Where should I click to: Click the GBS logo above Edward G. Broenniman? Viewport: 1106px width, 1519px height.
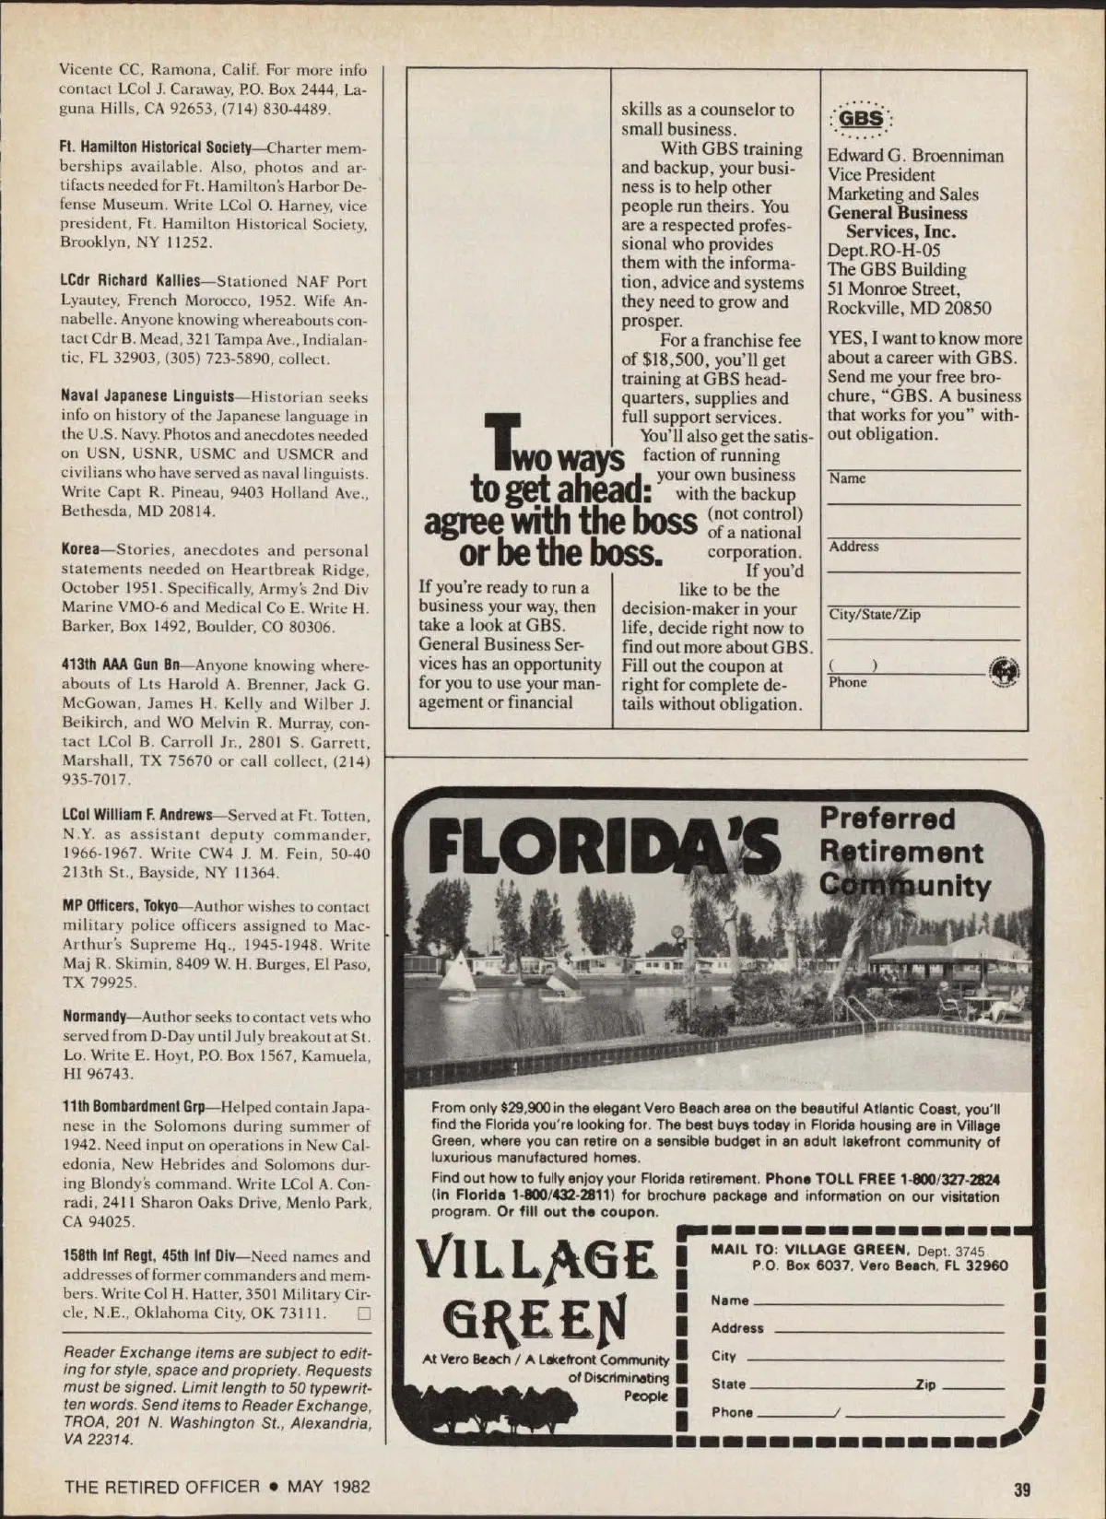pyautogui.click(x=861, y=119)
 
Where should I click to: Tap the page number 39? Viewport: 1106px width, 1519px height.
pyautogui.click(x=1021, y=1489)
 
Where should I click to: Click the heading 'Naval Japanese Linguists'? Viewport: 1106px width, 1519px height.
pyautogui.click(x=147, y=397)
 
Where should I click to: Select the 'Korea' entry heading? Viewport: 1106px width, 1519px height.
pyautogui.click(x=80, y=550)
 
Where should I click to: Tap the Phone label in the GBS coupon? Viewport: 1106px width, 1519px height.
pyautogui.click(x=847, y=683)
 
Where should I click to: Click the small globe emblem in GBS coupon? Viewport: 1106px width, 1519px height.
pyautogui.click(x=1003, y=672)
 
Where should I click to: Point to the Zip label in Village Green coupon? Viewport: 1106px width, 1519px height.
pyautogui.click(x=924, y=1384)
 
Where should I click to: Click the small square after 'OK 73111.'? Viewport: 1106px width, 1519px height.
pyautogui.click(x=363, y=1313)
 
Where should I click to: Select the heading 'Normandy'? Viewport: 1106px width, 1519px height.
pyautogui.click(x=94, y=1018)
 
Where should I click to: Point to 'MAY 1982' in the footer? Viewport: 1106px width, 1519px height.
pyautogui.click(x=329, y=1486)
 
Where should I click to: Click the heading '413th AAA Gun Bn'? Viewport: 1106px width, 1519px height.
pyautogui.click(x=121, y=665)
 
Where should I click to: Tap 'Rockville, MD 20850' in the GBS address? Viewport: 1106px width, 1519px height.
pyautogui.click(x=909, y=308)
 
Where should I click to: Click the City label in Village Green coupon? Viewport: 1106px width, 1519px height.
pyautogui.click(x=724, y=1357)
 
